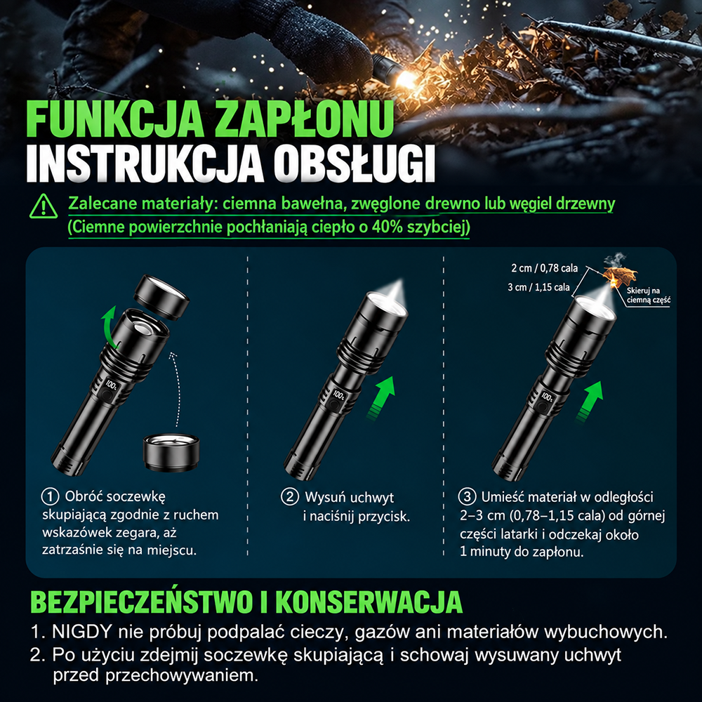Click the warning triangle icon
click(44, 206)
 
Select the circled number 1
click(50, 496)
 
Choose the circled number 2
click(290, 497)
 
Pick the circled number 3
click(467, 496)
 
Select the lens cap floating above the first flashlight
click(161, 297)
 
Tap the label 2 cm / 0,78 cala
click(545, 268)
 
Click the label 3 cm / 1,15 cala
click(538, 287)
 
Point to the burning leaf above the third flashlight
click(619, 274)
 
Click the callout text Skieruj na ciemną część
click(648, 296)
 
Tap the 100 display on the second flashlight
click(338, 395)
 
